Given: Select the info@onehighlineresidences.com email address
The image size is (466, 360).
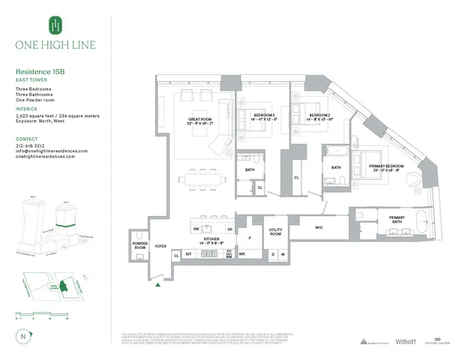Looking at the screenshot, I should coord(51,151).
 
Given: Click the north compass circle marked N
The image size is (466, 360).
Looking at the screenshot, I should coord(23,336).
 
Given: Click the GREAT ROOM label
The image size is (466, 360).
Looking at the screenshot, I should coord(201,120).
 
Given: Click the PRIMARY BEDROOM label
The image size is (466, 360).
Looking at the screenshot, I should coord(386,166).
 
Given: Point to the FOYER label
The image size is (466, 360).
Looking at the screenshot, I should coord(160,246).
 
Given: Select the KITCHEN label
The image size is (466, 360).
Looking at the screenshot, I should coord(211,241).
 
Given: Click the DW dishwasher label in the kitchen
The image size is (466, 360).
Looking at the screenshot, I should coord(195,229).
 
